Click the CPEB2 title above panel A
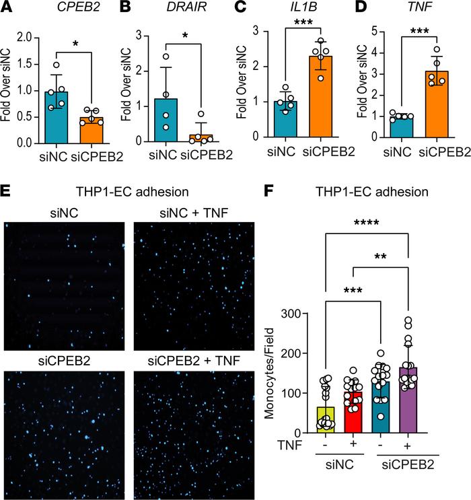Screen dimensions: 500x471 point(63,9)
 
